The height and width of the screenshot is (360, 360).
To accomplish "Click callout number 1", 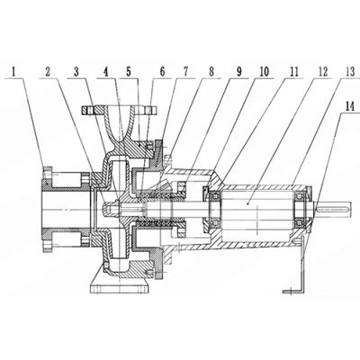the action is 13,72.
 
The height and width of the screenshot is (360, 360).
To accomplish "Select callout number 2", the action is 48,72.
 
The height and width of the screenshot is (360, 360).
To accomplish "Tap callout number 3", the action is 76,72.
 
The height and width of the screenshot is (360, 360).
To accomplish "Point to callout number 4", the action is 105,72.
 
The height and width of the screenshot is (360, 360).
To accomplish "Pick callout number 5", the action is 129,72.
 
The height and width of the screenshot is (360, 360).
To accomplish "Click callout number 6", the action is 162,72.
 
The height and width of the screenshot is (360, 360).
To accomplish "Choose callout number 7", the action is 186,72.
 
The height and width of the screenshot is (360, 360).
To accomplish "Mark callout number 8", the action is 211,72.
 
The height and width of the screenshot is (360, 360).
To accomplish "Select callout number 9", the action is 239,72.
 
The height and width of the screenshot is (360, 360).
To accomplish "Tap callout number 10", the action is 264,72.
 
